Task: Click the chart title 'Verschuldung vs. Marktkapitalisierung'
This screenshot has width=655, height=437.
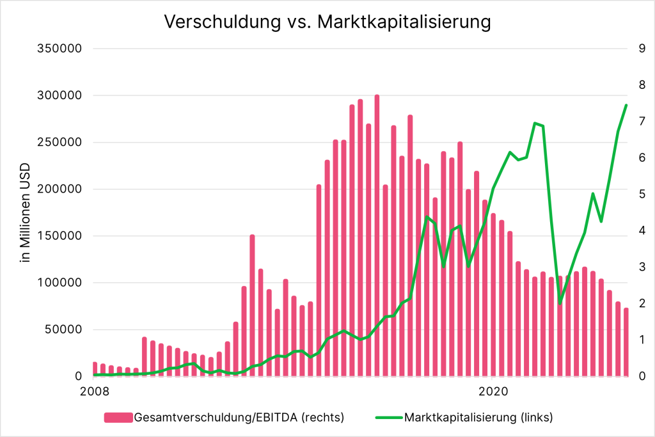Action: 327,22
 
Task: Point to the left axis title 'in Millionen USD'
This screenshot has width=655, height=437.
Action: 26,212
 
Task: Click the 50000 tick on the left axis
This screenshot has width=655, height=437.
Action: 66,330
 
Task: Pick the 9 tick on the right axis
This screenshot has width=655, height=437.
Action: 640,49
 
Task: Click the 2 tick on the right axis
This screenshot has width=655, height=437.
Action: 640,304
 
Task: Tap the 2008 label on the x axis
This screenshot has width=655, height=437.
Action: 95,390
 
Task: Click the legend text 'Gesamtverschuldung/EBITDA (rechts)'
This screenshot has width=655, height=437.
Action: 239,418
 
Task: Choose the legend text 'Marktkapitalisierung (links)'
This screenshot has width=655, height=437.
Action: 478,418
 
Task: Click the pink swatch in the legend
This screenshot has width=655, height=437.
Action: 118,418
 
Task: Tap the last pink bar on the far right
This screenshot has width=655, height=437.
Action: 626,342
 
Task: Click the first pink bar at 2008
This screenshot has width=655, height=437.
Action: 95,369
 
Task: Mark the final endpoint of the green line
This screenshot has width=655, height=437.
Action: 626,105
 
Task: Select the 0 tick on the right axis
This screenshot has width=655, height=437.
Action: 640,377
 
